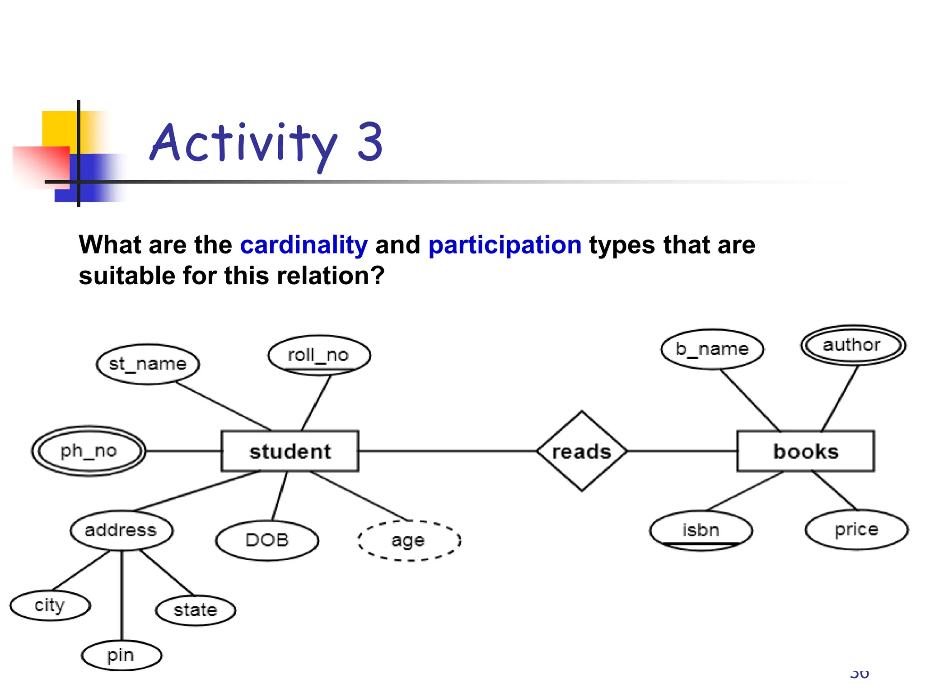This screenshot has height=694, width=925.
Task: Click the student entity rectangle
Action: click(290, 451)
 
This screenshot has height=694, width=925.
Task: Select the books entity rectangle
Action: click(805, 451)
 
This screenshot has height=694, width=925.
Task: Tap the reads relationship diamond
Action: click(582, 451)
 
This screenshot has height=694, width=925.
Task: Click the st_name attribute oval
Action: click(148, 364)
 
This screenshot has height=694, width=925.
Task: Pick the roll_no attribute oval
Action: click(319, 355)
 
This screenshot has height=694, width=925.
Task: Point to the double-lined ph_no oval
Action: click(89, 451)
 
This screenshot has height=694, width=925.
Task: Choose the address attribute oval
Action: click(121, 530)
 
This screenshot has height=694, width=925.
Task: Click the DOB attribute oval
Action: click(267, 540)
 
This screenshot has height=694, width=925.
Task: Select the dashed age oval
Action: click(409, 540)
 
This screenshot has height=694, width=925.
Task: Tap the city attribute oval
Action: click(50, 605)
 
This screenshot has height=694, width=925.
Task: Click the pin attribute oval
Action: click(121, 655)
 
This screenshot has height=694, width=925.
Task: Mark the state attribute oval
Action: click(196, 610)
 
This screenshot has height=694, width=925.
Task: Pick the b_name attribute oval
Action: click(712, 349)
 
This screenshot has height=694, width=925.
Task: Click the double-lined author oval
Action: click(853, 345)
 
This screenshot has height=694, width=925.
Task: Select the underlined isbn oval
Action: click(701, 530)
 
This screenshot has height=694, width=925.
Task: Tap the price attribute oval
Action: click(856, 530)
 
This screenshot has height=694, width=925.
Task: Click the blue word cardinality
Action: click(304, 245)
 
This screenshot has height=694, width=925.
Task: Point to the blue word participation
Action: click(505, 245)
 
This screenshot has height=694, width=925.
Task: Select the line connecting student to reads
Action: click(447, 451)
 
